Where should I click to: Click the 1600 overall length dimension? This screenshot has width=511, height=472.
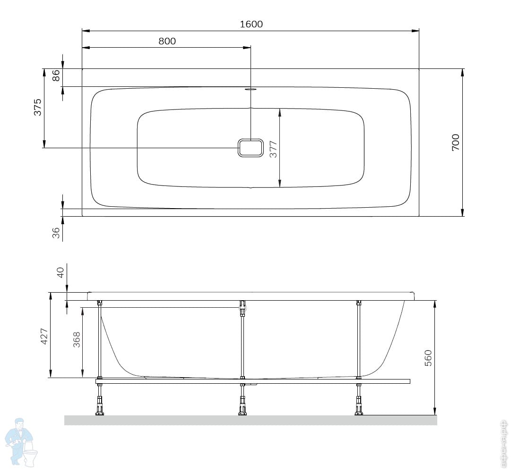tap(251, 24)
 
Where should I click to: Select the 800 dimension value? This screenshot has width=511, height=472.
tap(167, 41)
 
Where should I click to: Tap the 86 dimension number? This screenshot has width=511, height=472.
tap(56, 76)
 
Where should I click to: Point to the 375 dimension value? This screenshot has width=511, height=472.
tap(38, 107)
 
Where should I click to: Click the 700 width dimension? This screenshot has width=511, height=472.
tap(456, 142)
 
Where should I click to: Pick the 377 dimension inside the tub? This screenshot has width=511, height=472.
tap(273, 149)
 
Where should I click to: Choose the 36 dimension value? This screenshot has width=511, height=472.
tap(56, 233)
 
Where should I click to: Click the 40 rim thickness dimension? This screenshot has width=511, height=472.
tap(61, 273)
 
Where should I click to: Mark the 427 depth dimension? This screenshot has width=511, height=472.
tap(44, 337)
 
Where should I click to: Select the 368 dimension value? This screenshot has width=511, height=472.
tap(76, 340)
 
